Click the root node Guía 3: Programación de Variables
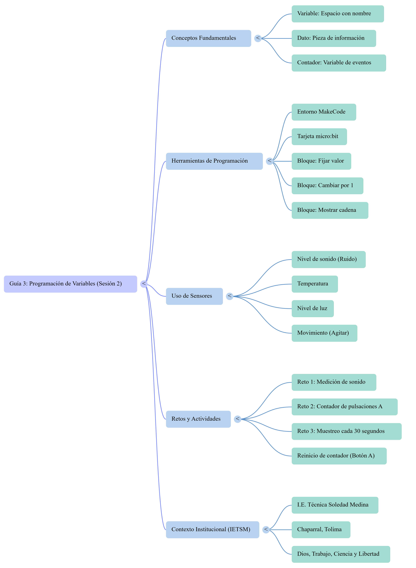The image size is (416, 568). [71, 284]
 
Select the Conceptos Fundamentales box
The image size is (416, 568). [209, 38]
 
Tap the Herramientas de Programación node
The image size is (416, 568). [214, 161]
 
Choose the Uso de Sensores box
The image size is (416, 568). [194, 296]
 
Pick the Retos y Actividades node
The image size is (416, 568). [198, 419]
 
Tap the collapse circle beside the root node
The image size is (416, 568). [144, 284]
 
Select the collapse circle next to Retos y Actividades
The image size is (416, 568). [238, 419]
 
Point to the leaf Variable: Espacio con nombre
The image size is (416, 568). [338, 14]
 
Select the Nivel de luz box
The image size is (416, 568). [313, 309]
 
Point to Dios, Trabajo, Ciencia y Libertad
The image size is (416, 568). [341, 554]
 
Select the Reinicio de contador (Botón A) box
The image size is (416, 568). [339, 456]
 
